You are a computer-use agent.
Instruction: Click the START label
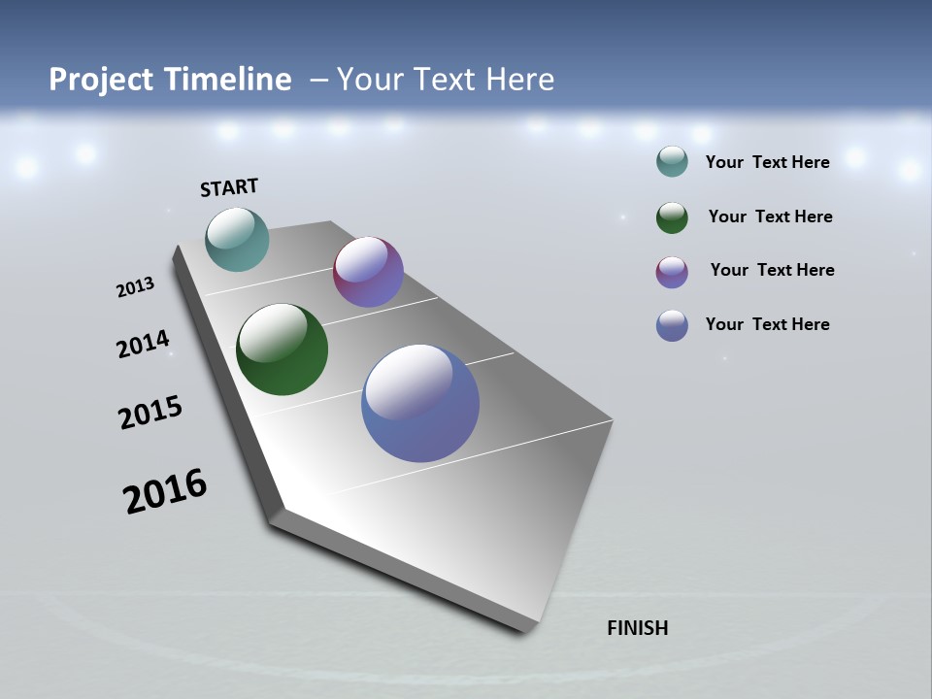(229, 187)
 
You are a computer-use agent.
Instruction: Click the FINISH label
(637, 628)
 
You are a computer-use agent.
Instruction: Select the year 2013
(135, 287)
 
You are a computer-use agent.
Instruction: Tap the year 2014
(143, 345)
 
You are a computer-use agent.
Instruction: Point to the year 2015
(150, 413)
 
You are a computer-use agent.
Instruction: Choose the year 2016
(165, 491)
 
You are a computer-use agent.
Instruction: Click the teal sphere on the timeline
(237, 239)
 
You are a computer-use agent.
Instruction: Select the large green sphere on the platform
(282, 349)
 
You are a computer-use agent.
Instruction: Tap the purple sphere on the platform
(368, 272)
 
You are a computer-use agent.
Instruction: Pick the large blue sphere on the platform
(420, 403)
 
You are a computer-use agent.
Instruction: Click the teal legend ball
(672, 161)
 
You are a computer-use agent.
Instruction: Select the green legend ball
(672, 217)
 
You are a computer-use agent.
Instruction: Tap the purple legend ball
(672, 272)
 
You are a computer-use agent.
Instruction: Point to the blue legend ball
(672, 325)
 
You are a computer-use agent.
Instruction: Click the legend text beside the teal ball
(767, 162)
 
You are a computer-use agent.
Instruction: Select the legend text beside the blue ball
(767, 324)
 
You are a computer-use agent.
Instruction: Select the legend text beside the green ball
(770, 216)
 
